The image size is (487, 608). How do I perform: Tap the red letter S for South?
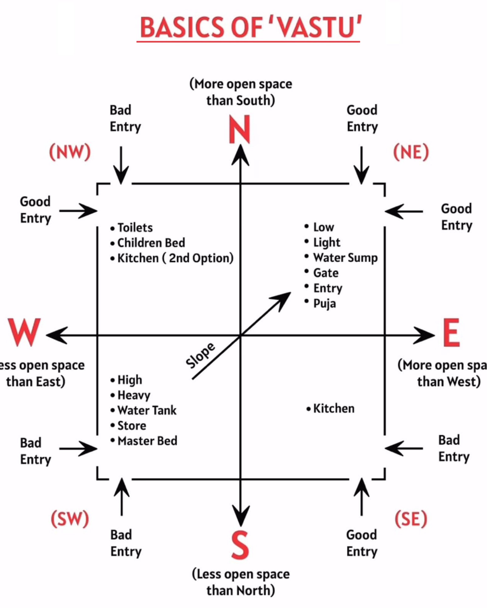coord(240,545)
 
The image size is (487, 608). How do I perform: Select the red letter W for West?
coord(24,332)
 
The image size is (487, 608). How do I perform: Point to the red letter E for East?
coord(451,333)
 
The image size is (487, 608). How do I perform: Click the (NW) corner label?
coord(70,152)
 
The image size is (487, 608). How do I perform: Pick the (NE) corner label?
coord(411,152)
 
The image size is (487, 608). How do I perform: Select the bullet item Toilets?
coord(135,228)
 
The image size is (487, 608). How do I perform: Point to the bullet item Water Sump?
coord(345,257)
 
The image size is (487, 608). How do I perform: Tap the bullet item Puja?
coord(324,303)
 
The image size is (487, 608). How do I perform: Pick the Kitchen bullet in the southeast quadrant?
coord(334,409)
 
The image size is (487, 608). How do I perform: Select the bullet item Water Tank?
coord(147,410)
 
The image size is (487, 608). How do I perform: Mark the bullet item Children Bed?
coord(151,243)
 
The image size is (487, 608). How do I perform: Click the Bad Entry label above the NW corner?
coord(125,119)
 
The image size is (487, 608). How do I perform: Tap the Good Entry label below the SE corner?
coord(362,543)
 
